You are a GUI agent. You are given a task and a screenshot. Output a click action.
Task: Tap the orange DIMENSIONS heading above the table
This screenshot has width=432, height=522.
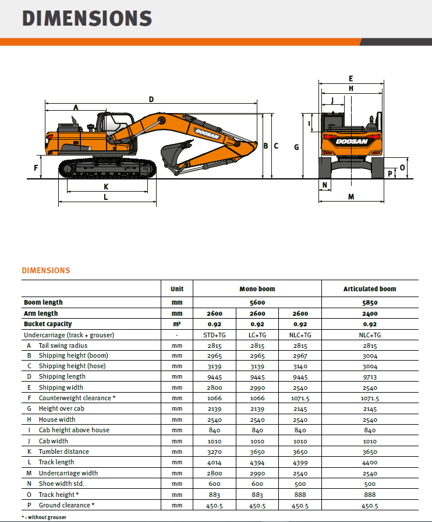(45, 270)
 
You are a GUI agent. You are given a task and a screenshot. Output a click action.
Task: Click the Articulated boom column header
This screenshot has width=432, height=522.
(370, 289)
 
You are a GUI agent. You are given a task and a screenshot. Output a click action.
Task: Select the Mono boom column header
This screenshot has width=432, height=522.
(257, 289)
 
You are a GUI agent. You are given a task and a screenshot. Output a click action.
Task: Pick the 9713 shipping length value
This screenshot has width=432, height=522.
(370, 377)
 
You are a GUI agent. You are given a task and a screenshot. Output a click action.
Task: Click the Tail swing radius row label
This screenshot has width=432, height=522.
(63, 345)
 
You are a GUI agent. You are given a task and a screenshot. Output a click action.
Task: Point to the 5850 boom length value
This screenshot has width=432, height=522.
(370, 302)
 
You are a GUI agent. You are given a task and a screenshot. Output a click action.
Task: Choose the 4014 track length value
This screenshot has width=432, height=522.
(214, 462)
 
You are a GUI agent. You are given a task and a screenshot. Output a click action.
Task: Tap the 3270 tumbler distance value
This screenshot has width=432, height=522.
(214, 452)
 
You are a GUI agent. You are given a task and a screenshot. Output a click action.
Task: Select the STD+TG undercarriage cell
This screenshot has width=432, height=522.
(214, 335)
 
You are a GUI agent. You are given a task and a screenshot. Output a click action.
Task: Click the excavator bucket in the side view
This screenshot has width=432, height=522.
(172, 155)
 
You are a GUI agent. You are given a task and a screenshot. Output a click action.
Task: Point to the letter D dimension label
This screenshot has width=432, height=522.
(151, 100)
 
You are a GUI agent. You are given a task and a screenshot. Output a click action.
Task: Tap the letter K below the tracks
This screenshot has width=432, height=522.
(106, 187)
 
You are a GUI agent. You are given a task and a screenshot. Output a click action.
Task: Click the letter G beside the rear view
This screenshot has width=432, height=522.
(296, 147)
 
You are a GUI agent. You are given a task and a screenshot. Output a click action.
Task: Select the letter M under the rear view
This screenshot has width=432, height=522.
(351, 197)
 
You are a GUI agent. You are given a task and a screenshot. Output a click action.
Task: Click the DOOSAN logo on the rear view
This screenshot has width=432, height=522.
(351, 142)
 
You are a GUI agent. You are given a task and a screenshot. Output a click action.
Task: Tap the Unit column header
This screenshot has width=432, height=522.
(177, 289)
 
